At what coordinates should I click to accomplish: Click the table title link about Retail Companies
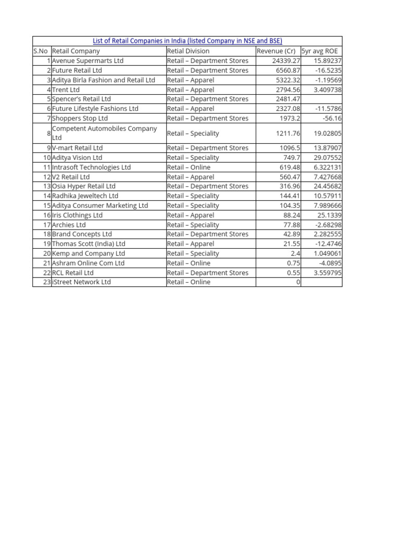(187, 41)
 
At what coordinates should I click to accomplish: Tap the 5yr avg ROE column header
(319, 51)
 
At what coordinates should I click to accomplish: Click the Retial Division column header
(188, 51)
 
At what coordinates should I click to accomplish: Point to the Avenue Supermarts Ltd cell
(87, 60)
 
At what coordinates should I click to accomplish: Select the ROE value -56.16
(332, 118)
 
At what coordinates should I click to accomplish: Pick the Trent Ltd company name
(66, 90)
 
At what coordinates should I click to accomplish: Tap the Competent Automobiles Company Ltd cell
(104, 133)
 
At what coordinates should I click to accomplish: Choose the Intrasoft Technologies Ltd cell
(91, 167)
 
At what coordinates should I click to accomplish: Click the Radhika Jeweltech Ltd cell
(85, 196)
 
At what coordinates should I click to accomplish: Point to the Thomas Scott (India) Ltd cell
(89, 244)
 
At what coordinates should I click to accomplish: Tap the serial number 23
(47, 282)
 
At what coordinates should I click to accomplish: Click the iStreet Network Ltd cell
(81, 282)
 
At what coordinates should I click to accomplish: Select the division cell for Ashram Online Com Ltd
(189, 263)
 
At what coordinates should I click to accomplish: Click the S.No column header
(41, 51)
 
